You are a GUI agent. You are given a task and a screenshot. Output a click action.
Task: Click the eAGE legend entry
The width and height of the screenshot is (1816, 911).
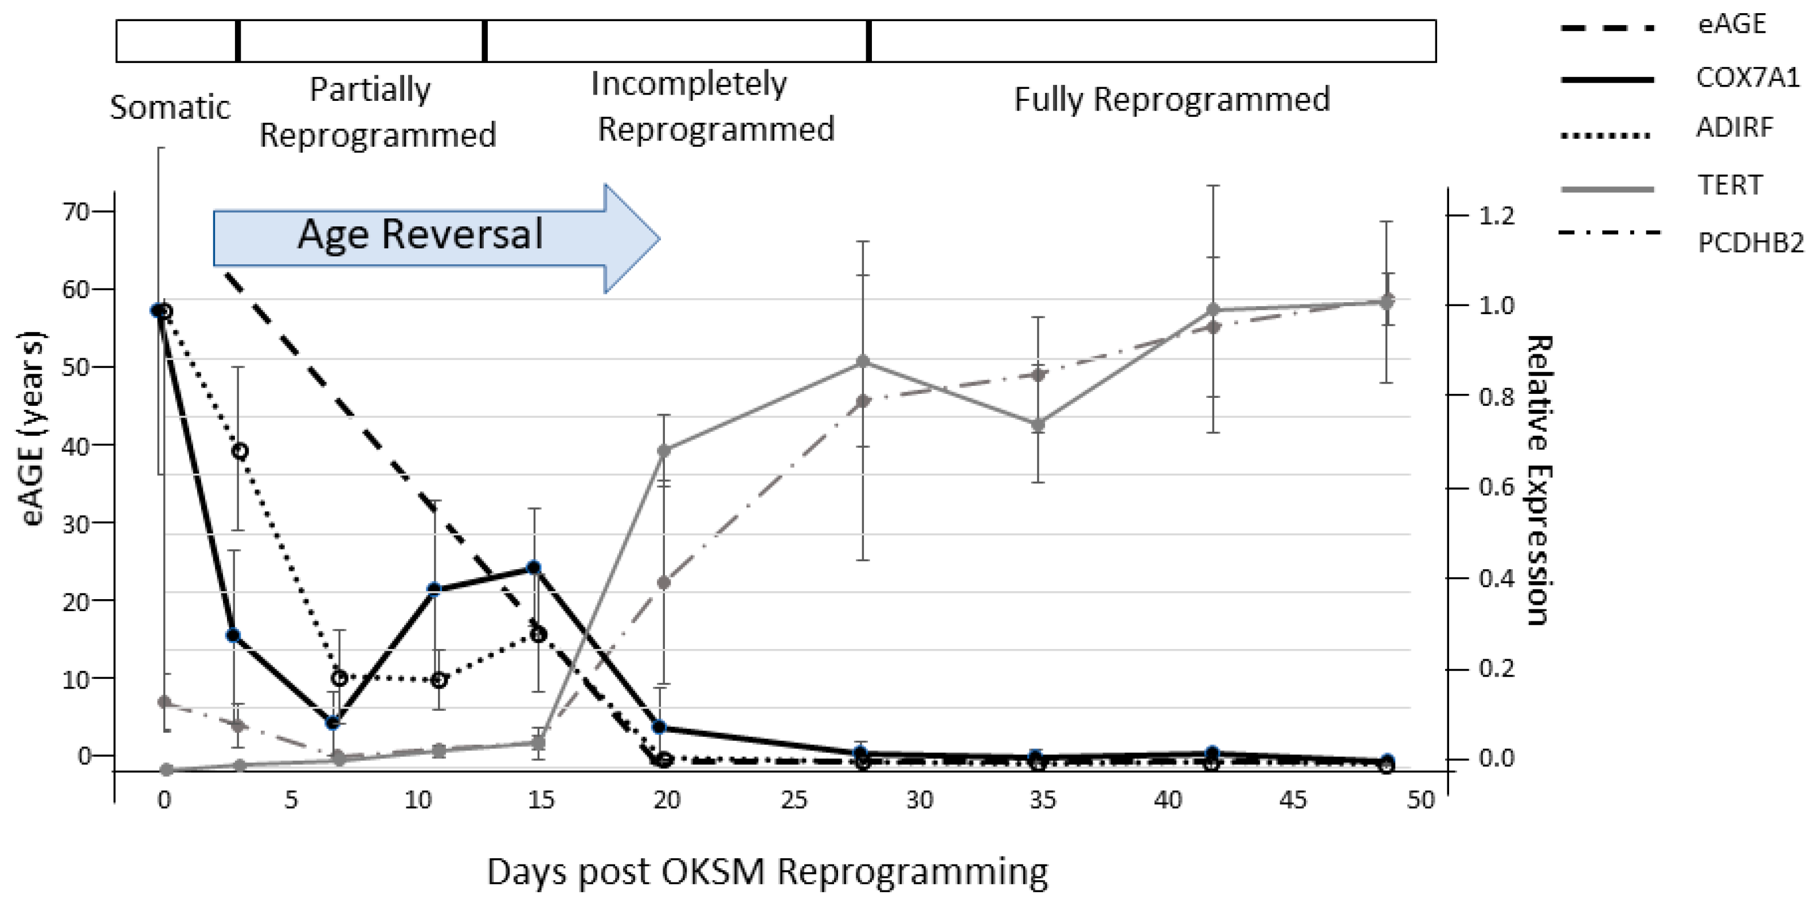[x=1731, y=25]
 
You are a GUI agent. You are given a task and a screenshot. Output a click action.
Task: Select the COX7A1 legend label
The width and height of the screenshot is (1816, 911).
[x=1747, y=77]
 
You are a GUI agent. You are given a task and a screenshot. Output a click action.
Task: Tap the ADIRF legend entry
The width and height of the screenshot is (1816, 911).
[x=1734, y=128]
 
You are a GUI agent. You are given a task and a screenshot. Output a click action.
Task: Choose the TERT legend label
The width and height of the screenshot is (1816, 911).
[x=1729, y=185]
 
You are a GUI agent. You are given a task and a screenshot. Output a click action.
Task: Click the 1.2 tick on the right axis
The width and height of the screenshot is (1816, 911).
[x=1496, y=216]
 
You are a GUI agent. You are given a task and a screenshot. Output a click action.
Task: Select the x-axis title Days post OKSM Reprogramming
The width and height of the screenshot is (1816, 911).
[x=767, y=871]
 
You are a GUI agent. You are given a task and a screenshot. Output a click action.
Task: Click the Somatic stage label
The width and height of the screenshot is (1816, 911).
[x=170, y=108]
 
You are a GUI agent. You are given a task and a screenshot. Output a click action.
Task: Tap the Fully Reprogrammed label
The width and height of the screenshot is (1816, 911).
[x=1171, y=99]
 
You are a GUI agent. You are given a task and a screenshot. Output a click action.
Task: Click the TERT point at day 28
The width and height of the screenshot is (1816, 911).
[x=862, y=362]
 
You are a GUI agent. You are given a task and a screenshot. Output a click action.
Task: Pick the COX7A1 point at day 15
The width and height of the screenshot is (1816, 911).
[x=534, y=568]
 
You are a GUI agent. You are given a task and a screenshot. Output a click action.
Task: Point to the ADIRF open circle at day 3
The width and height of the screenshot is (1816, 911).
[x=240, y=451]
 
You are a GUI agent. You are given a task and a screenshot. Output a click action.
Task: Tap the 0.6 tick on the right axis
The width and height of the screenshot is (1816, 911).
[x=1496, y=487]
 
